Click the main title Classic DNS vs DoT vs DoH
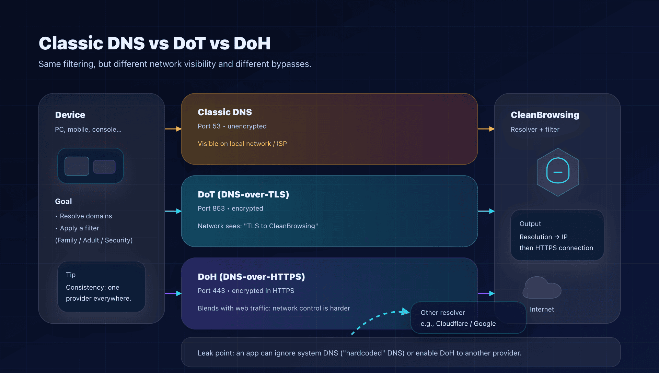coord(154,44)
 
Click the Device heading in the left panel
coord(70,115)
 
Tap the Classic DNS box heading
coord(224,112)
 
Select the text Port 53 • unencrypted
coord(232,126)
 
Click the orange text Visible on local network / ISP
coord(242,144)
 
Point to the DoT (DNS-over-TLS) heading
coord(243,194)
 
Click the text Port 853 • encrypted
coord(230,208)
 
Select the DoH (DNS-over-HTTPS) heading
coord(251,277)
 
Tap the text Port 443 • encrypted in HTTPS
coord(246,291)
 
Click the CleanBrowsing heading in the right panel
coord(545,115)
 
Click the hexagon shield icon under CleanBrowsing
coord(558,172)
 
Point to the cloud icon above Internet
coord(542,288)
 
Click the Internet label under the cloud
coord(542,309)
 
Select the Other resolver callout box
coord(468,318)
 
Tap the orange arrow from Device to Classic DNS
coord(173,129)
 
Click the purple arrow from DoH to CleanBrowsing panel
coord(486,293)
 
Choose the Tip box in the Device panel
coord(102,287)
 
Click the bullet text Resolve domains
coord(86,216)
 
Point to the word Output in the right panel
coord(530,224)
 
